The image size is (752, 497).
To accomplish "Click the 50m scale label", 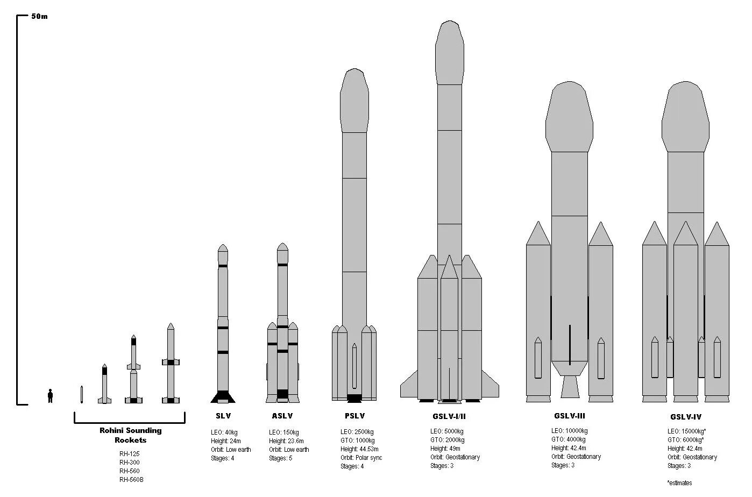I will [x=39, y=16].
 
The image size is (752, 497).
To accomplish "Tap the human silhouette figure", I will [x=50, y=396].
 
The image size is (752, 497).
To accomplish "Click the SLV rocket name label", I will [x=223, y=416].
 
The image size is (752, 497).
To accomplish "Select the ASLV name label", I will [x=282, y=416].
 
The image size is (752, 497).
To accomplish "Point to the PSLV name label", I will [x=354, y=416].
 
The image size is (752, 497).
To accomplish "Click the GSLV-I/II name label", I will [x=449, y=416].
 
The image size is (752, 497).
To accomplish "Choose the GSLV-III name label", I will [x=569, y=416].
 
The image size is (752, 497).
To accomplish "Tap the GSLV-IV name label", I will [x=685, y=417].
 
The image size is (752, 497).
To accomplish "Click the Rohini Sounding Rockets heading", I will [x=130, y=435].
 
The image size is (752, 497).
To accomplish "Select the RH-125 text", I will [x=129, y=454].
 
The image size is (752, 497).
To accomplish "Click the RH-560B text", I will [x=131, y=480].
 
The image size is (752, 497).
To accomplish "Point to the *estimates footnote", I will [x=679, y=483].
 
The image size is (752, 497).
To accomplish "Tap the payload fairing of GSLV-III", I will [x=570, y=118].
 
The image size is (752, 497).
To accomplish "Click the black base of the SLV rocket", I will [x=223, y=397].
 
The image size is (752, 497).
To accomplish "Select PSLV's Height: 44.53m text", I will [x=359, y=449].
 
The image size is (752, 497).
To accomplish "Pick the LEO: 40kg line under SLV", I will [x=224, y=432].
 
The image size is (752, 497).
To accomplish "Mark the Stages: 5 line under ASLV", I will [x=280, y=458].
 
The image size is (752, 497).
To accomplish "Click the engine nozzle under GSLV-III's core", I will [x=570, y=387].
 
